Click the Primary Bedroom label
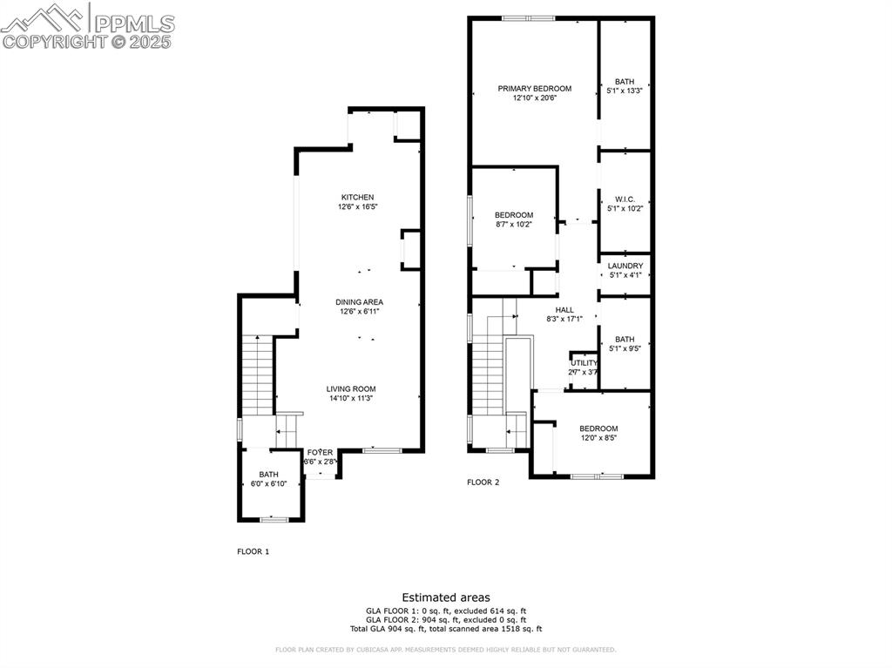(x=534, y=88)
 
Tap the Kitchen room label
(x=357, y=198)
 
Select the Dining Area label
(x=359, y=302)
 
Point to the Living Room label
(x=351, y=389)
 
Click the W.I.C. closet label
(x=625, y=199)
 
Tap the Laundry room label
(x=625, y=266)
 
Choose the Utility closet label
(x=584, y=362)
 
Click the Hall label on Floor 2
(x=564, y=309)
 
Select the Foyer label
(x=320, y=452)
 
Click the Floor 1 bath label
(x=267, y=474)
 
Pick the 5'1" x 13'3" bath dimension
(x=625, y=91)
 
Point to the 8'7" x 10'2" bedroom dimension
(x=513, y=225)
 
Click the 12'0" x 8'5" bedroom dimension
(x=598, y=438)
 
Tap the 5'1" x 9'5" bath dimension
(x=625, y=349)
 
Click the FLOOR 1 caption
(x=253, y=551)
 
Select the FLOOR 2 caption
(x=483, y=482)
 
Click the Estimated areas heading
(x=446, y=597)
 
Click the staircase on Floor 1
(x=258, y=374)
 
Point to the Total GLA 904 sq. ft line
(x=446, y=629)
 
